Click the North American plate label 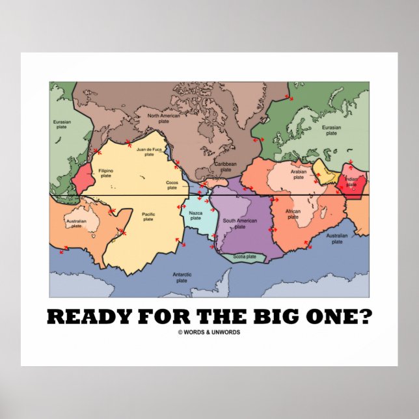(163, 118)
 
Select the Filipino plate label (106, 174)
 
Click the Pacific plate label (148, 217)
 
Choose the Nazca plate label (196, 215)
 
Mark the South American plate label (240, 223)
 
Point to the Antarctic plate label (182, 278)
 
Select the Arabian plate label (299, 174)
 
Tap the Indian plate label (351, 182)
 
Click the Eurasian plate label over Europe (331, 130)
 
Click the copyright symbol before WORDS (180, 332)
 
